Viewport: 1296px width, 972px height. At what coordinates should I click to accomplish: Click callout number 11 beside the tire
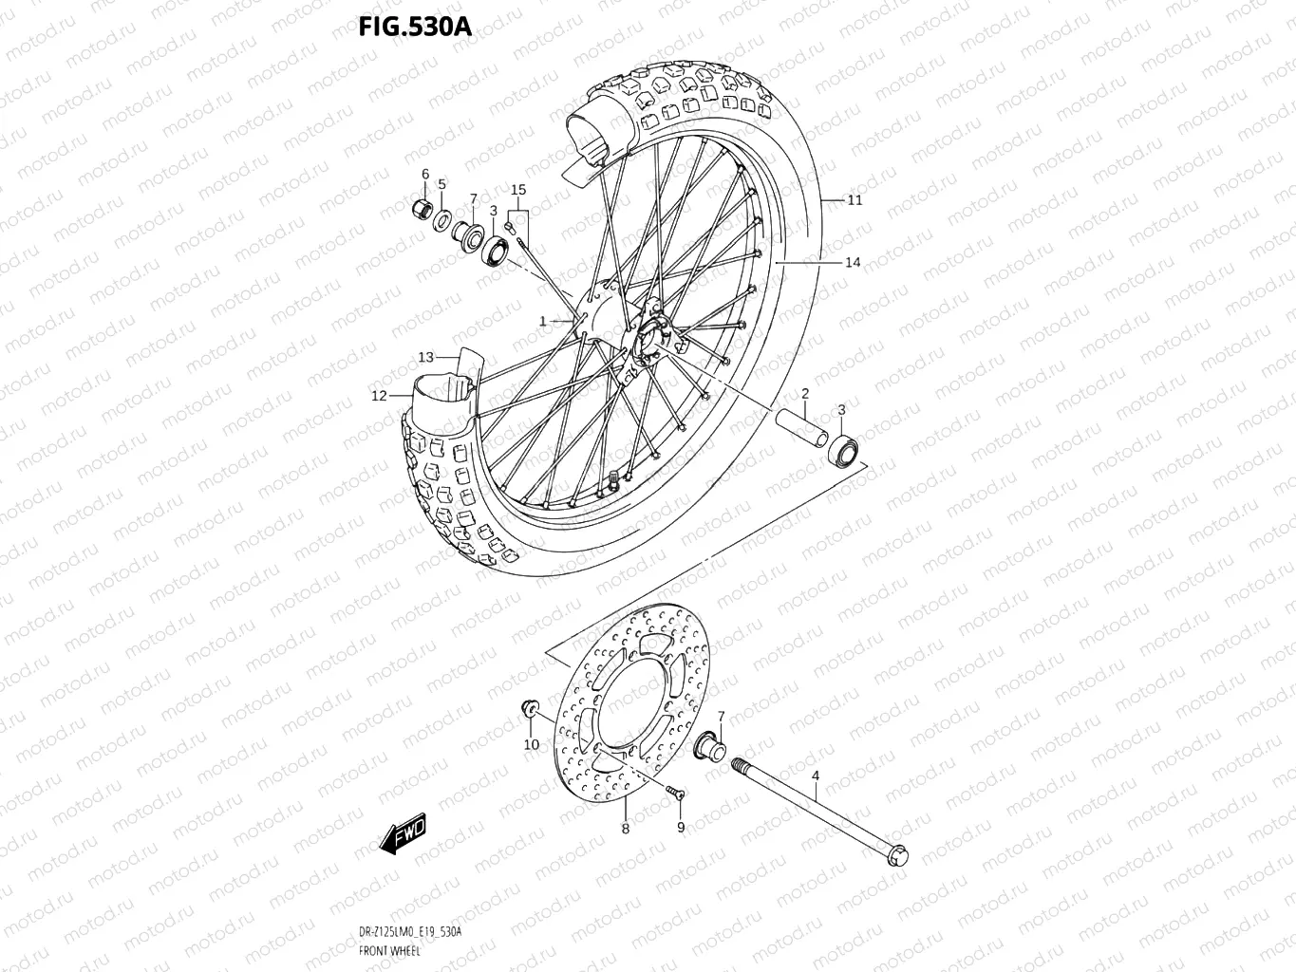(855, 200)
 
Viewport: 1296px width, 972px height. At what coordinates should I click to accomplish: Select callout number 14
(853, 262)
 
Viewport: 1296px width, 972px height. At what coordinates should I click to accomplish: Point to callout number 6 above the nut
(425, 174)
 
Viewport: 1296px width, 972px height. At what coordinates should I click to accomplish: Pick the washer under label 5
(443, 221)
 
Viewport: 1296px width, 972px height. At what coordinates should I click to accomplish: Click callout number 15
(518, 190)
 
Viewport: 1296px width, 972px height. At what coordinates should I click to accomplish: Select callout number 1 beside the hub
(543, 322)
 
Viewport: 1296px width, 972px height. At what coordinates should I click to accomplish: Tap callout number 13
(426, 357)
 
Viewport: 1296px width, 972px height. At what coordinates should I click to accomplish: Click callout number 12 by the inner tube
(379, 396)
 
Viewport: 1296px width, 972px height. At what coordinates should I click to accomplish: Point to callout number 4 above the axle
(815, 776)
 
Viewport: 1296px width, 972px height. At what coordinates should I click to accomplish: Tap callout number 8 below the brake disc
(625, 829)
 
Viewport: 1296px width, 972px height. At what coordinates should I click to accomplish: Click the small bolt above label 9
(676, 793)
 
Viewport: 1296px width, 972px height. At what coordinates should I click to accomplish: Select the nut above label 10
(529, 708)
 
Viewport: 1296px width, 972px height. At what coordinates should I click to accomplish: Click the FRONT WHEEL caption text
(390, 950)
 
